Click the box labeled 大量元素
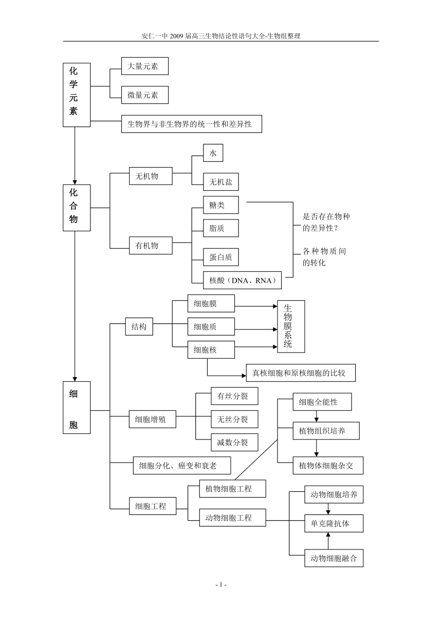click(x=145, y=66)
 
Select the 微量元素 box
click(x=145, y=95)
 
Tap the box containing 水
click(x=213, y=153)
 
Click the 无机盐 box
click(x=220, y=182)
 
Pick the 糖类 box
click(x=220, y=205)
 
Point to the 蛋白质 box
click(x=220, y=257)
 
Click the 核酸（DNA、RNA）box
click(x=242, y=280)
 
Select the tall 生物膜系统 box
click(x=291, y=326)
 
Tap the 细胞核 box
click(x=211, y=350)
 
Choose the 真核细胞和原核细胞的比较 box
click(x=301, y=373)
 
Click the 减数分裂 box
click(x=234, y=442)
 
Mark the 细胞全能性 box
click(x=322, y=402)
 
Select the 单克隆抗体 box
click(x=334, y=523)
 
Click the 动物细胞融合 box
click(x=334, y=558)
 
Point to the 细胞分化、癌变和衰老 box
click(x=182, y=465)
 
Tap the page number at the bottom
click(x=221, y=584)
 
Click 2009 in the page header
click(x=176, y=36)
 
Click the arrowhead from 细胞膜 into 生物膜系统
click(x=275, y=306)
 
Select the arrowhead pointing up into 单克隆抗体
click(x=328, y=535)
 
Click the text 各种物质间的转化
click(x=324, y=257)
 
